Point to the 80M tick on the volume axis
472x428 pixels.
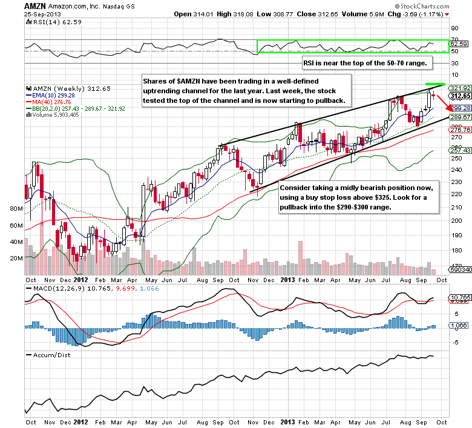pyautogui.click(x=16, y=208)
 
